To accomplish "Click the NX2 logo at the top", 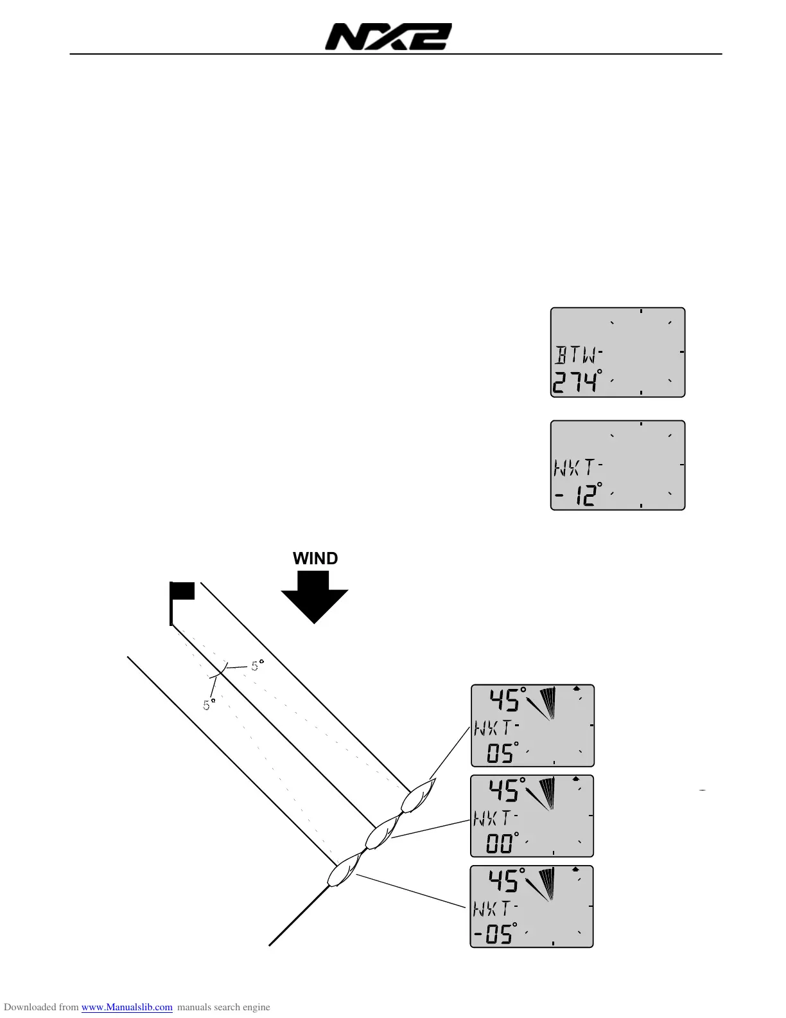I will (388, 37).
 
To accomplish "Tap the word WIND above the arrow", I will (315, 558).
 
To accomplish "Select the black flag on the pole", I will (184, 591).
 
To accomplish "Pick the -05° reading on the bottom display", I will (495, 933).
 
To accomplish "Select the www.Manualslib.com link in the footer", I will (127, 1007).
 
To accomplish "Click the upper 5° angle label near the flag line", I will (257, 666).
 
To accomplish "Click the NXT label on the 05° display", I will (494, 728).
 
